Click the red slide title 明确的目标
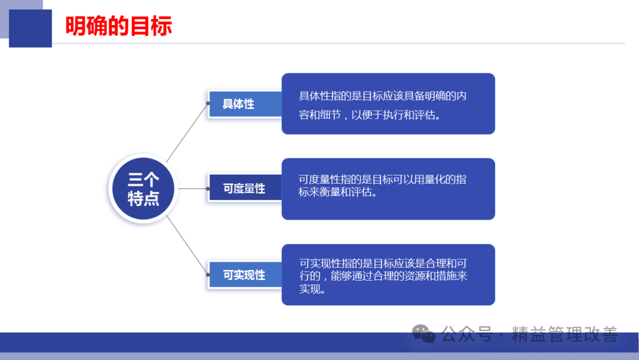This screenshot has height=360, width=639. click(x=118, y=26)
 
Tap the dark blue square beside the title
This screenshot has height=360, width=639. click(x=30, y=28)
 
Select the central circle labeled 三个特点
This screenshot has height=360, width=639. click(x=143, y=188)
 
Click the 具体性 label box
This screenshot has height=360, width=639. click(x=244, y=104)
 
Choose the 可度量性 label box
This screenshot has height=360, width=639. click(x=244, y=188)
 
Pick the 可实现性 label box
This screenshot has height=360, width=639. click(x=244, y=275)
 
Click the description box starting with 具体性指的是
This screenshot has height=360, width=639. click(x=388, y=104)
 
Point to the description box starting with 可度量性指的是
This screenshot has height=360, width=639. click(x=388, y=189)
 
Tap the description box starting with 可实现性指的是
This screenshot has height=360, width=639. click(x=388, y=274)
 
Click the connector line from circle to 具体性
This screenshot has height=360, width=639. click(x=187, y=133)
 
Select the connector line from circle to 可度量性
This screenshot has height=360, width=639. click(x=193, y=189)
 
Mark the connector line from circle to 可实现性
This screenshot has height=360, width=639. click(x=187, y=245)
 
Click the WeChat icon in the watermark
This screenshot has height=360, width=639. click(x=424, y=333)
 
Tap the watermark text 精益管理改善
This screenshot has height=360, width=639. click(x=565, y=334)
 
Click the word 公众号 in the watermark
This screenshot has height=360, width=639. click(x=467, y=334)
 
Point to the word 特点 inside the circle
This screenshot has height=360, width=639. click(x=143, y=198)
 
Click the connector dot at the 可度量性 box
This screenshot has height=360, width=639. click(x=208, y=189)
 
